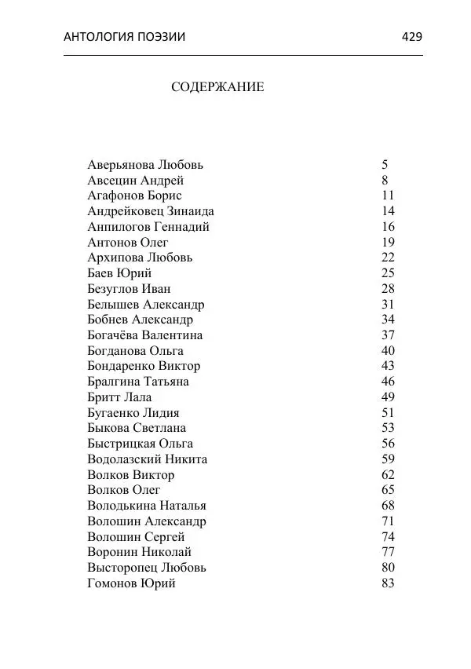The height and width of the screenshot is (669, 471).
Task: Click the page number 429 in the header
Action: tap(411, 36)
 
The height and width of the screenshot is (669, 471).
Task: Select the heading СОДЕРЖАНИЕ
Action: tap(217, 87)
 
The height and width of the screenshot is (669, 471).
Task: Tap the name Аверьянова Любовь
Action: tap(145, 165)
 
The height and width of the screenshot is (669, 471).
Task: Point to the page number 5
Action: tap(385, 165)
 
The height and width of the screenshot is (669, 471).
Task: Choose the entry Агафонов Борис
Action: tap(134, 196)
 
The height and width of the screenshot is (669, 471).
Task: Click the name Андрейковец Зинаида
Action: tap(151, 211)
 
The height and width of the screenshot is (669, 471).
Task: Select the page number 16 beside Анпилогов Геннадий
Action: tap(388, 227)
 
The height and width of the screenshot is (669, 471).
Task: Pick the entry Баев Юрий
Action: tap(119, 273)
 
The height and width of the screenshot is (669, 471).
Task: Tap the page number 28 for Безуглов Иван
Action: tap(388, 289)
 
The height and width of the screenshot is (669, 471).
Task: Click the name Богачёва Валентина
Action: tap(145, 335)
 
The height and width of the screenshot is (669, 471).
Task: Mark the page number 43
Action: tap(388, 366)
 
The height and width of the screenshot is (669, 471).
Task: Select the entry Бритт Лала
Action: tap(119, 397)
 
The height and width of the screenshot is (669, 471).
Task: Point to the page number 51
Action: tap(388, 413)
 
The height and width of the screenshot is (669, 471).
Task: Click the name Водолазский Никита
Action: tap(147, 459)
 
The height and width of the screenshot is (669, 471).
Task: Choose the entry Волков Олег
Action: tap(124, 490)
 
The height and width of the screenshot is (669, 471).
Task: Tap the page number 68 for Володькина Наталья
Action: tap(388, 506)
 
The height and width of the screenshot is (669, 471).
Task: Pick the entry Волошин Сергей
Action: tap(136, 537)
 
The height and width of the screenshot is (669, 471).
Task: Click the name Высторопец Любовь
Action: tap(147, 568)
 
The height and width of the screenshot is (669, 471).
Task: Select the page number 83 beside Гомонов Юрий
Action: tap(388, 583)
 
